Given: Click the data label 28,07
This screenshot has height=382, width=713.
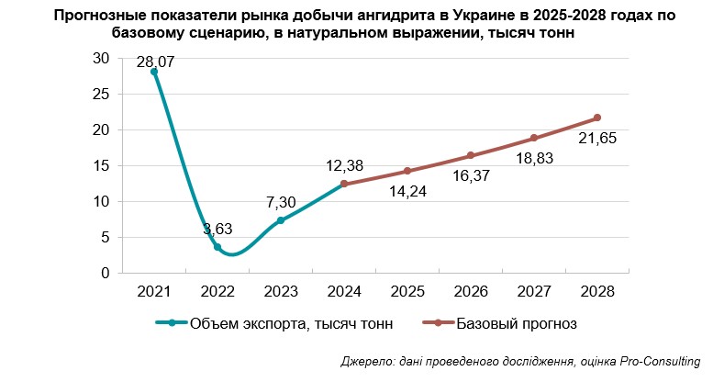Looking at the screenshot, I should pos(155,62).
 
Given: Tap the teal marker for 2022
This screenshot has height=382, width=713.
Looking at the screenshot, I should pos(217,247).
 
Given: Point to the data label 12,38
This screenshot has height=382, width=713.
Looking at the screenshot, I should pos(346,166).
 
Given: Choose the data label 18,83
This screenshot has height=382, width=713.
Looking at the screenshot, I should pos(534,160).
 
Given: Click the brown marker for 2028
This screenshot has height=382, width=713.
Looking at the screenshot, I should pos(597,118).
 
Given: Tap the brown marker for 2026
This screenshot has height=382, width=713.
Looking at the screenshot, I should pos(471,155).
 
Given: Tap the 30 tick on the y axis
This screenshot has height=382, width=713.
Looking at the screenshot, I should pos(102,58).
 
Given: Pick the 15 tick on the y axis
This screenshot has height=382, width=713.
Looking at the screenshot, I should pos(102,165).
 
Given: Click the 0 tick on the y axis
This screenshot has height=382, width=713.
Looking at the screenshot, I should pos(106,273).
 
